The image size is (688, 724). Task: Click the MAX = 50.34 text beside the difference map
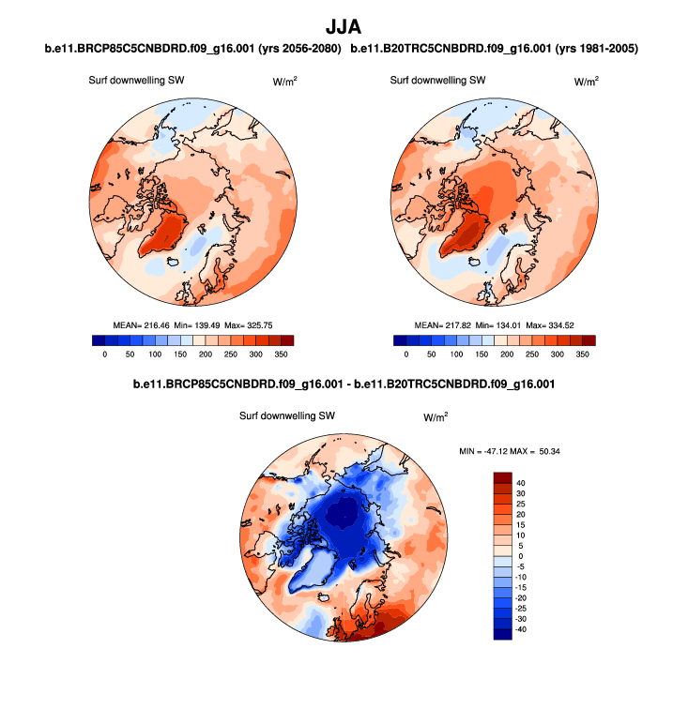538,451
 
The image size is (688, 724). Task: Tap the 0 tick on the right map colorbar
406,354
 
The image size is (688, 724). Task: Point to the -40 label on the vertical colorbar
522,629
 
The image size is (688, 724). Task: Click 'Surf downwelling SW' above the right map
437,81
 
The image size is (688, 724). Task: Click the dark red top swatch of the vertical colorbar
502,477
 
